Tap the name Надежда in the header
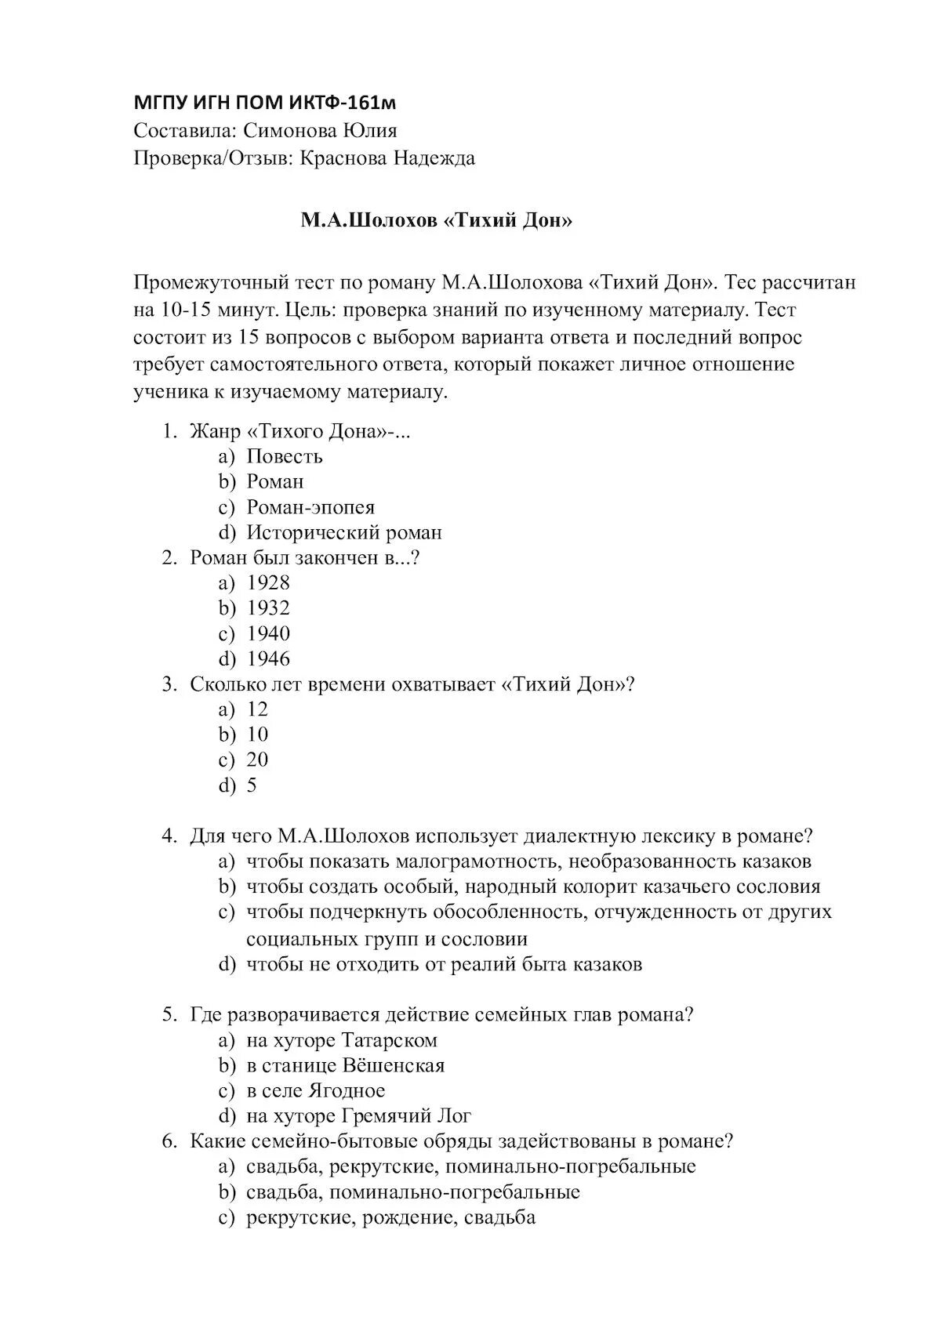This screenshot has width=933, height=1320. [x=434, y=158]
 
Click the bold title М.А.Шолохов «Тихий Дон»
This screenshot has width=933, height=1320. [x=437, y=221]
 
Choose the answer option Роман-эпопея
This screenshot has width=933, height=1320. [x=310, y=507]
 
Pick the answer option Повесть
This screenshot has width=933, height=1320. [x=285, y=456]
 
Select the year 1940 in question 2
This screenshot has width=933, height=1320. [x=268, y=633]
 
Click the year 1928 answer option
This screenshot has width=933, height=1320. [x=268, y=582]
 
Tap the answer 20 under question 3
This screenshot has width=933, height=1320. [x=257, y=760]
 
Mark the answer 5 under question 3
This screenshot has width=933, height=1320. [x=252, y=785]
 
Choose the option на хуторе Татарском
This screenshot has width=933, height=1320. [x=342, y=1040]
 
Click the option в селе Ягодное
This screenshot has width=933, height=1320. [x=316, y=1091]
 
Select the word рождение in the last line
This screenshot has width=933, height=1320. [x=408, y=1218]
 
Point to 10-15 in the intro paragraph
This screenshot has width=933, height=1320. [x=187, y=310]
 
